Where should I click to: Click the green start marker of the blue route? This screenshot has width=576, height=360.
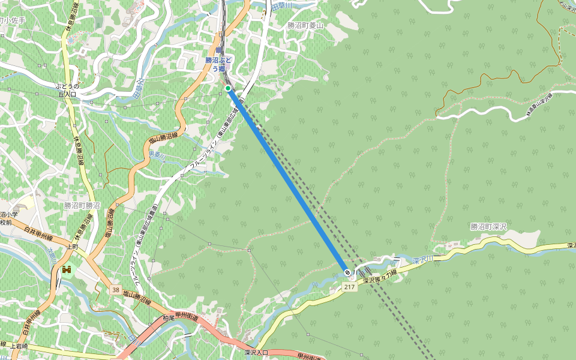[228, 89]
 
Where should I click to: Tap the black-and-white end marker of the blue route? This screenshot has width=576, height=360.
[348, 273]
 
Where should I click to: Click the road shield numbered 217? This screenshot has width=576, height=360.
[350, 287]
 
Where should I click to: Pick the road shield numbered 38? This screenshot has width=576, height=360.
[115, 290]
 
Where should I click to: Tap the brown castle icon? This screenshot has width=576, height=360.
[65, 271]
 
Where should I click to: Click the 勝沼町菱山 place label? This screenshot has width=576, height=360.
[305, 26]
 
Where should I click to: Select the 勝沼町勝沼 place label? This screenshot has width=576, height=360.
[82, 205]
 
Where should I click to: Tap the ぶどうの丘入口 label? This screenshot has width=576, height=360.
[67, 90]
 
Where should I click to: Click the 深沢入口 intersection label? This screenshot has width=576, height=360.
[257, 352]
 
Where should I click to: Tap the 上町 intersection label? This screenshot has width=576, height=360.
[73, 247]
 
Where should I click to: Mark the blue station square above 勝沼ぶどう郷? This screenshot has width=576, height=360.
[220, 51]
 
